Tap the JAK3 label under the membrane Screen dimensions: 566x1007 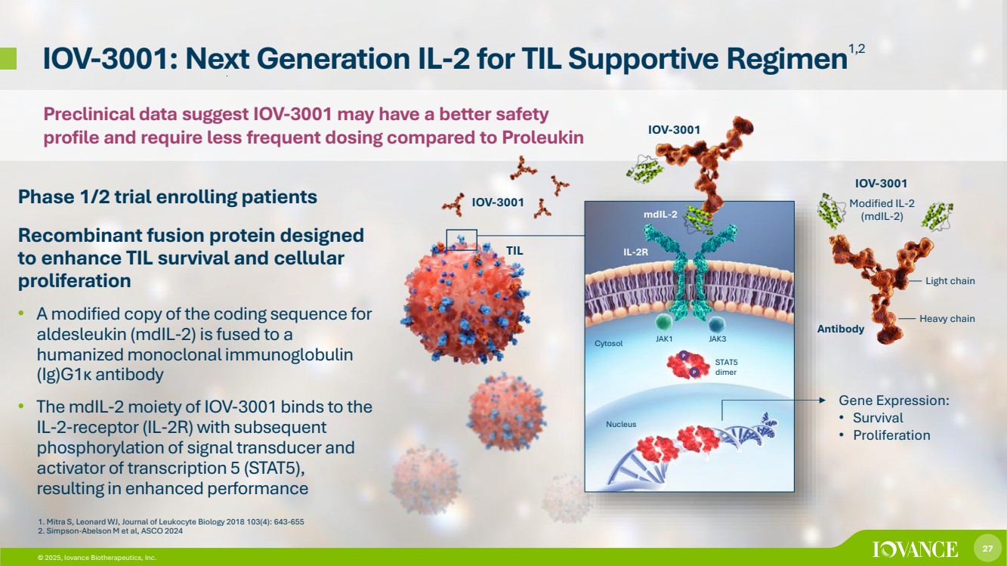point(717,339)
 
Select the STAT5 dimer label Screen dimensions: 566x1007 point(725,367)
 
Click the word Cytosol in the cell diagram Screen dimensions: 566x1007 point(608,344)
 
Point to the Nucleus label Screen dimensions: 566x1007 point(621,424)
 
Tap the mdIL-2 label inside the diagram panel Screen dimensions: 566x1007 point(660,215)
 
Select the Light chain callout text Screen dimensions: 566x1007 point(950,281)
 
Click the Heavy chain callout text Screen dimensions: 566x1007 point(947,319)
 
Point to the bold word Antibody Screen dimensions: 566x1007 point(841,329)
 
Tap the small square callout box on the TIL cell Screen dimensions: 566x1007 point(462,239)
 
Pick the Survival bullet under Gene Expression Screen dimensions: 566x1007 point(877,417)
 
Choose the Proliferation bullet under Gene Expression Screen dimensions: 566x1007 point(891,435)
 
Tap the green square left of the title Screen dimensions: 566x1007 point(8,58)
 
